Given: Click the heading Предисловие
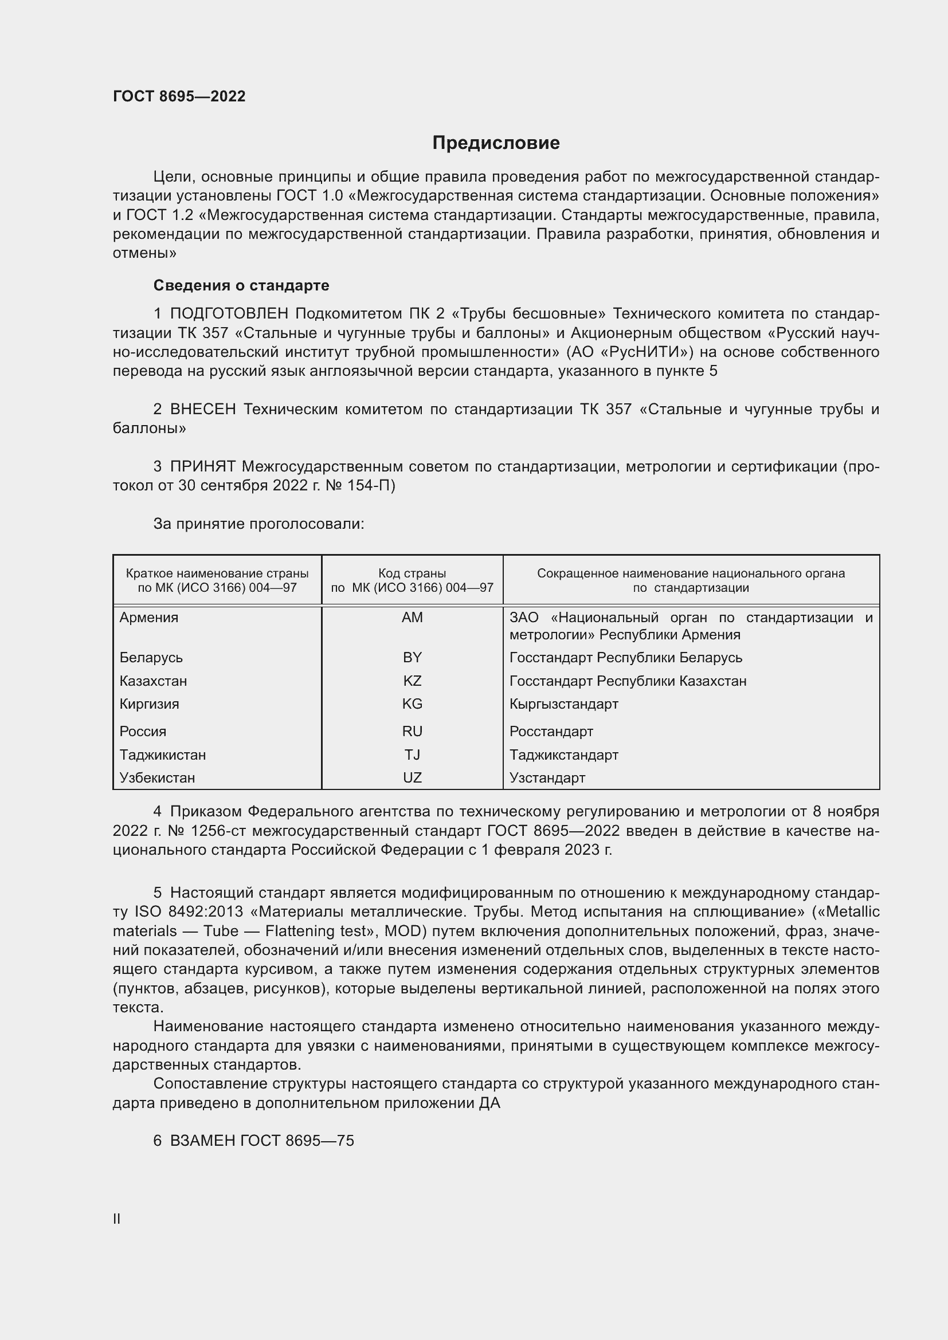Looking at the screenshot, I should (x=496, y=143).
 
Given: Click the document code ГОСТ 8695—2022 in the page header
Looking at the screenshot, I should (x=179, y=96).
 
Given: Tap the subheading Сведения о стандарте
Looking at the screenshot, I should (x=241, y=285).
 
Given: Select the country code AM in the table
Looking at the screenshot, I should (x=412, y=618).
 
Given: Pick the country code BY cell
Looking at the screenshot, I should (x=412, y=658).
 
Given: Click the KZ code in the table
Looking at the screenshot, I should (x=412, y=681).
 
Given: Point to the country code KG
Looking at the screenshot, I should (x=412, y=704).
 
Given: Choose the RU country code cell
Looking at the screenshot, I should (x=412, y=731).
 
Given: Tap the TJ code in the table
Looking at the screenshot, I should (x=412, y=755).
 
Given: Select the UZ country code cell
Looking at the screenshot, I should (x=412, y=777).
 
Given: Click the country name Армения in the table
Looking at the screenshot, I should (x=149, y=618).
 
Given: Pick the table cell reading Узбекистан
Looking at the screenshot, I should (x=157, y=777).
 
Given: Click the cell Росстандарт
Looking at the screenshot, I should (x=551, y=731).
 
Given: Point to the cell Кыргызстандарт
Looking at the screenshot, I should (x=563, y=704).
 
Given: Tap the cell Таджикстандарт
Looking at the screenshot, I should (x=563, y=755).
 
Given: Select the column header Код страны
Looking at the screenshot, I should (x=412, y=573).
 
